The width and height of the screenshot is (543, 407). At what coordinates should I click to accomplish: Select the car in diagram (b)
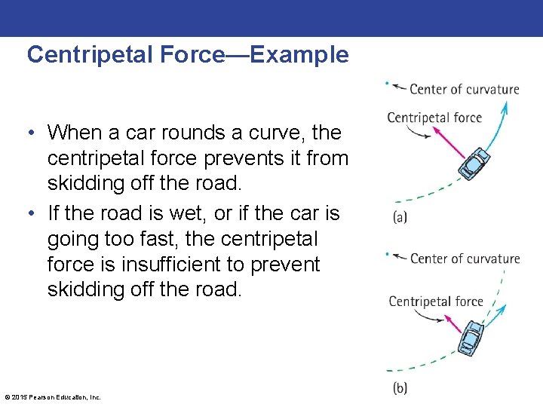(471, 338)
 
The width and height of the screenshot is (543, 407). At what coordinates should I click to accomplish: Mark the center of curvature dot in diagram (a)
(387, 83)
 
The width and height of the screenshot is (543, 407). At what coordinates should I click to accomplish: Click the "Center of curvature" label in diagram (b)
(465, 259)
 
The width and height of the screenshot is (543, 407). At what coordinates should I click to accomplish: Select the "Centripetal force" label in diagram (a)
(434, 117)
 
